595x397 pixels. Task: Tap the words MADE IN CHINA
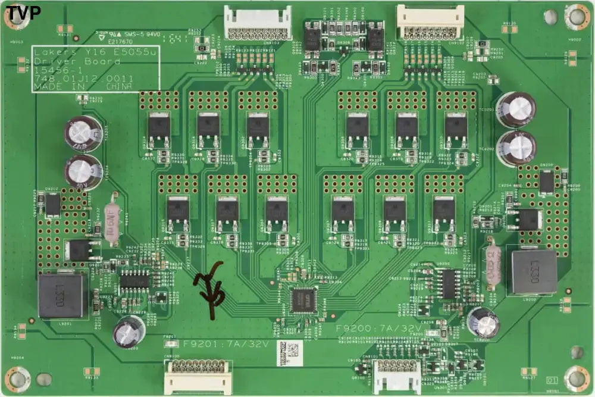click(83, 87)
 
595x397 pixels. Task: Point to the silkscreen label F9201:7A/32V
click(226, 344)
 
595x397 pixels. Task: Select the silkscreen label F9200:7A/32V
click(378, 328)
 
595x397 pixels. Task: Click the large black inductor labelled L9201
click(60, 295)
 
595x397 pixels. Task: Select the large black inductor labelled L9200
click(531, 272)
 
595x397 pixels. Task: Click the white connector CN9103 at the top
click(258, 24)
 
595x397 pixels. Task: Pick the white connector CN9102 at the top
click(430, 23)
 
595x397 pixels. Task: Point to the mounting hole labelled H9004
click(18, 378)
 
